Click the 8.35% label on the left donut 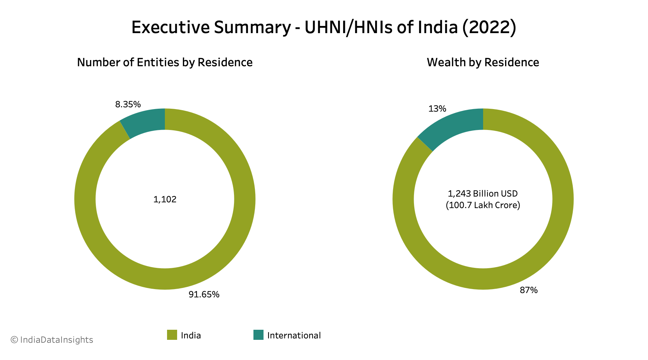[128, 104]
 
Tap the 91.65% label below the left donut [204, 294]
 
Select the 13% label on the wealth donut [437, 109]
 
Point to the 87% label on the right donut [528, 290]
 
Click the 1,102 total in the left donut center [165, 199]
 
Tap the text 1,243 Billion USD [483, 194]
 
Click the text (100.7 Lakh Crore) [483, 206]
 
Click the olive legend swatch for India [172, 335]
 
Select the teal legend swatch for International [258, 335]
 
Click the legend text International [294, 336]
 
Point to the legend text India [191, 336]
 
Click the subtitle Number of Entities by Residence [165, 63]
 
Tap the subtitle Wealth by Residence [483, 63]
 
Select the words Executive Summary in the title [211, 27]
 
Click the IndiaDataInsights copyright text [52, 340]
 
